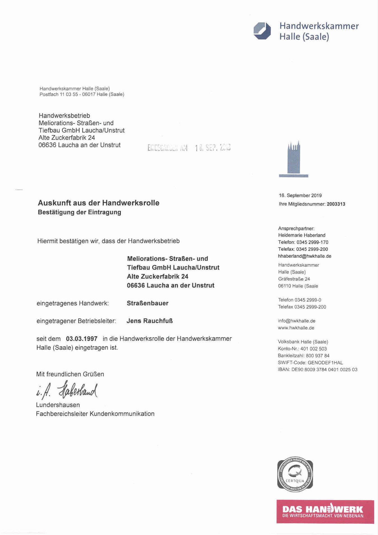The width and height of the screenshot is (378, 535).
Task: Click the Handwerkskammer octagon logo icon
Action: coord(262,31)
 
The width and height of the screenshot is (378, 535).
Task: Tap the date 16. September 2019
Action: coord(300,195)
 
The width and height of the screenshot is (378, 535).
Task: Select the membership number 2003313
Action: coord(336,204)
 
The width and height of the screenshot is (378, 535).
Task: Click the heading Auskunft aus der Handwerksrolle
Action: coord(98,203)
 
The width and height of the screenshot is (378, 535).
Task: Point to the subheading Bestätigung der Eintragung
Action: coord(79,212)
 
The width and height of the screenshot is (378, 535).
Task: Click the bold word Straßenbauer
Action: coord(147,303)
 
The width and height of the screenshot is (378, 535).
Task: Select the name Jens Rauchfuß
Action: coord(149,321)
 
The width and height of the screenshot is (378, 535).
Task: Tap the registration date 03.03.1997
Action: coord(82,339)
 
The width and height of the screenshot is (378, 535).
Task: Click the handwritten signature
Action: coord(67,390)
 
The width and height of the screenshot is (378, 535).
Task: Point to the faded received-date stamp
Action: coord(189,147)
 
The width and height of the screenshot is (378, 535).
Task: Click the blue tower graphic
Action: coord(294,159)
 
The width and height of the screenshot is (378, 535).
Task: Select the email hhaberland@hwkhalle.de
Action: coord(305,256)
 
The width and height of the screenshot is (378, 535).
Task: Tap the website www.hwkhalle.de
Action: coord(296,328)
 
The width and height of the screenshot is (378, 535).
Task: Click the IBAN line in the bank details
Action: coord(317,370)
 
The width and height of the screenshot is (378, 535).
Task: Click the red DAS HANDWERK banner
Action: coord(325,511)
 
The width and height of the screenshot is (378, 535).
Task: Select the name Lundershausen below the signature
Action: coord(58,405)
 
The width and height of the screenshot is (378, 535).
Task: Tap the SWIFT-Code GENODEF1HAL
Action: coord(310,363)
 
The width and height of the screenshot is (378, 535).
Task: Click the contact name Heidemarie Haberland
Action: coord(302,235)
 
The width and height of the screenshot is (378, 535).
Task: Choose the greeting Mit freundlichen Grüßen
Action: coord(70,374)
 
